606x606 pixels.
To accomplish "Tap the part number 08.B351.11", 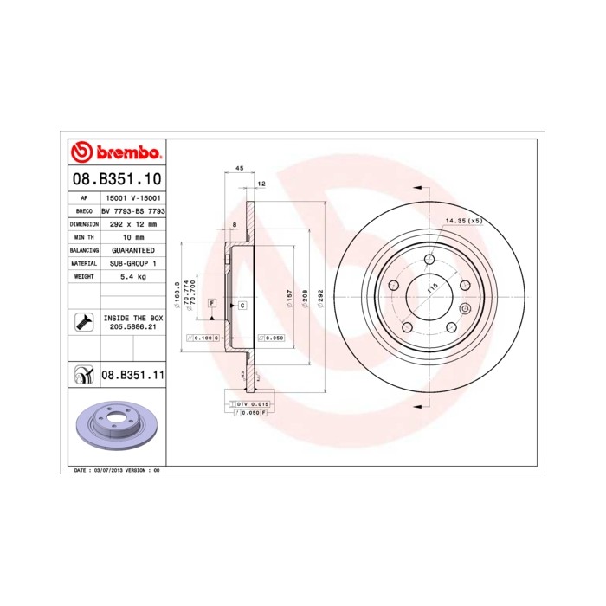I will pyautogui.click(x=132, y=375).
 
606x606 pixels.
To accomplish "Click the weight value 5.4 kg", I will pyautogui.click(x=133, y=276).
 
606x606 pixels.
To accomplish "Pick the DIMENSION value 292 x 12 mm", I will pyautogui.click(x=133, y=223).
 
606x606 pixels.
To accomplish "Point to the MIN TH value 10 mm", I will pyautogui.click(x=133, y=236).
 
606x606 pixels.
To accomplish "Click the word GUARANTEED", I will pyautogui.click(x=133, y=249).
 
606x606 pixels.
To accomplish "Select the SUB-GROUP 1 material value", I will pyautogui.click(x=133, y=262).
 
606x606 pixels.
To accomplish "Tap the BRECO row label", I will pyautogui.click(x=84, y=210).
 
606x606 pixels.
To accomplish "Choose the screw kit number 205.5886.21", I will pyautogui.click(x=133, y=328).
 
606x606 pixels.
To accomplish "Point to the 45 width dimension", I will pyautogui.click(x=239, y=170).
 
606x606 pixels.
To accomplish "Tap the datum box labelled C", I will pyautogui.click(x=242, y=306).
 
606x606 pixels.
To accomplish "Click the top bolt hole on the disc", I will pyautogui.click(x=429, y=258).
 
